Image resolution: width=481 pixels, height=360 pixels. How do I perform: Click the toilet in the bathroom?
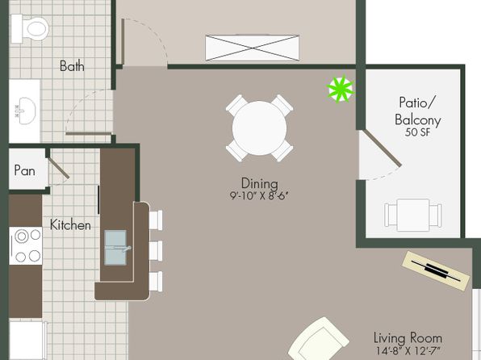tap(30, 29)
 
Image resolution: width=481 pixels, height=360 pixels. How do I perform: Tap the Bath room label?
tap(72, 66)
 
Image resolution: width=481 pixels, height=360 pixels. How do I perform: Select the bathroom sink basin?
tap(27, 111)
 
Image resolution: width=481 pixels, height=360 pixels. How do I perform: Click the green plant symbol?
tap(341, 89)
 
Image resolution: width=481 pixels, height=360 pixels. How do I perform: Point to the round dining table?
tap(259, 128)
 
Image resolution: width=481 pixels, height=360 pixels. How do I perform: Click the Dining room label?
tap(260, 183)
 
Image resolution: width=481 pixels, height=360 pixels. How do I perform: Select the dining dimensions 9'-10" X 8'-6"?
tap(260, 196)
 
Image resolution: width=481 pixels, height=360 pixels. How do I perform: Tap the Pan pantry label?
tap(24, 170)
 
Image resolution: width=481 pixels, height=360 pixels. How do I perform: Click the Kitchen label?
tap(70, 225)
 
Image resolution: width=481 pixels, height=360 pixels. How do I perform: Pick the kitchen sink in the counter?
tap(115, 248)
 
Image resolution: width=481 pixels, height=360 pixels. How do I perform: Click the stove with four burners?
tap(26, 246)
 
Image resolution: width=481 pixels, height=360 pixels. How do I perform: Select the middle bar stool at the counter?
tap(156, 251)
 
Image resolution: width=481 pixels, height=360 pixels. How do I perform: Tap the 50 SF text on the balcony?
tap(417, 132)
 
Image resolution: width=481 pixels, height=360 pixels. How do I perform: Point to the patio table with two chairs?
tap(413, 216)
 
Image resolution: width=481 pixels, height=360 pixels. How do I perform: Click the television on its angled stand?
tap(436, 270)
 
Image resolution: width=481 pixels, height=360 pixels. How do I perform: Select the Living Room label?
tap(408, 338)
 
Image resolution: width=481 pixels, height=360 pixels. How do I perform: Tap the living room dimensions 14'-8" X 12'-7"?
tap(408, 350)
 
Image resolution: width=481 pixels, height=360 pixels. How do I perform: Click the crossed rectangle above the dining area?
tap(252, 48)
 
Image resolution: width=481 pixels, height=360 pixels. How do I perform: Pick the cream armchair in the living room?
tap(318, 340)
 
